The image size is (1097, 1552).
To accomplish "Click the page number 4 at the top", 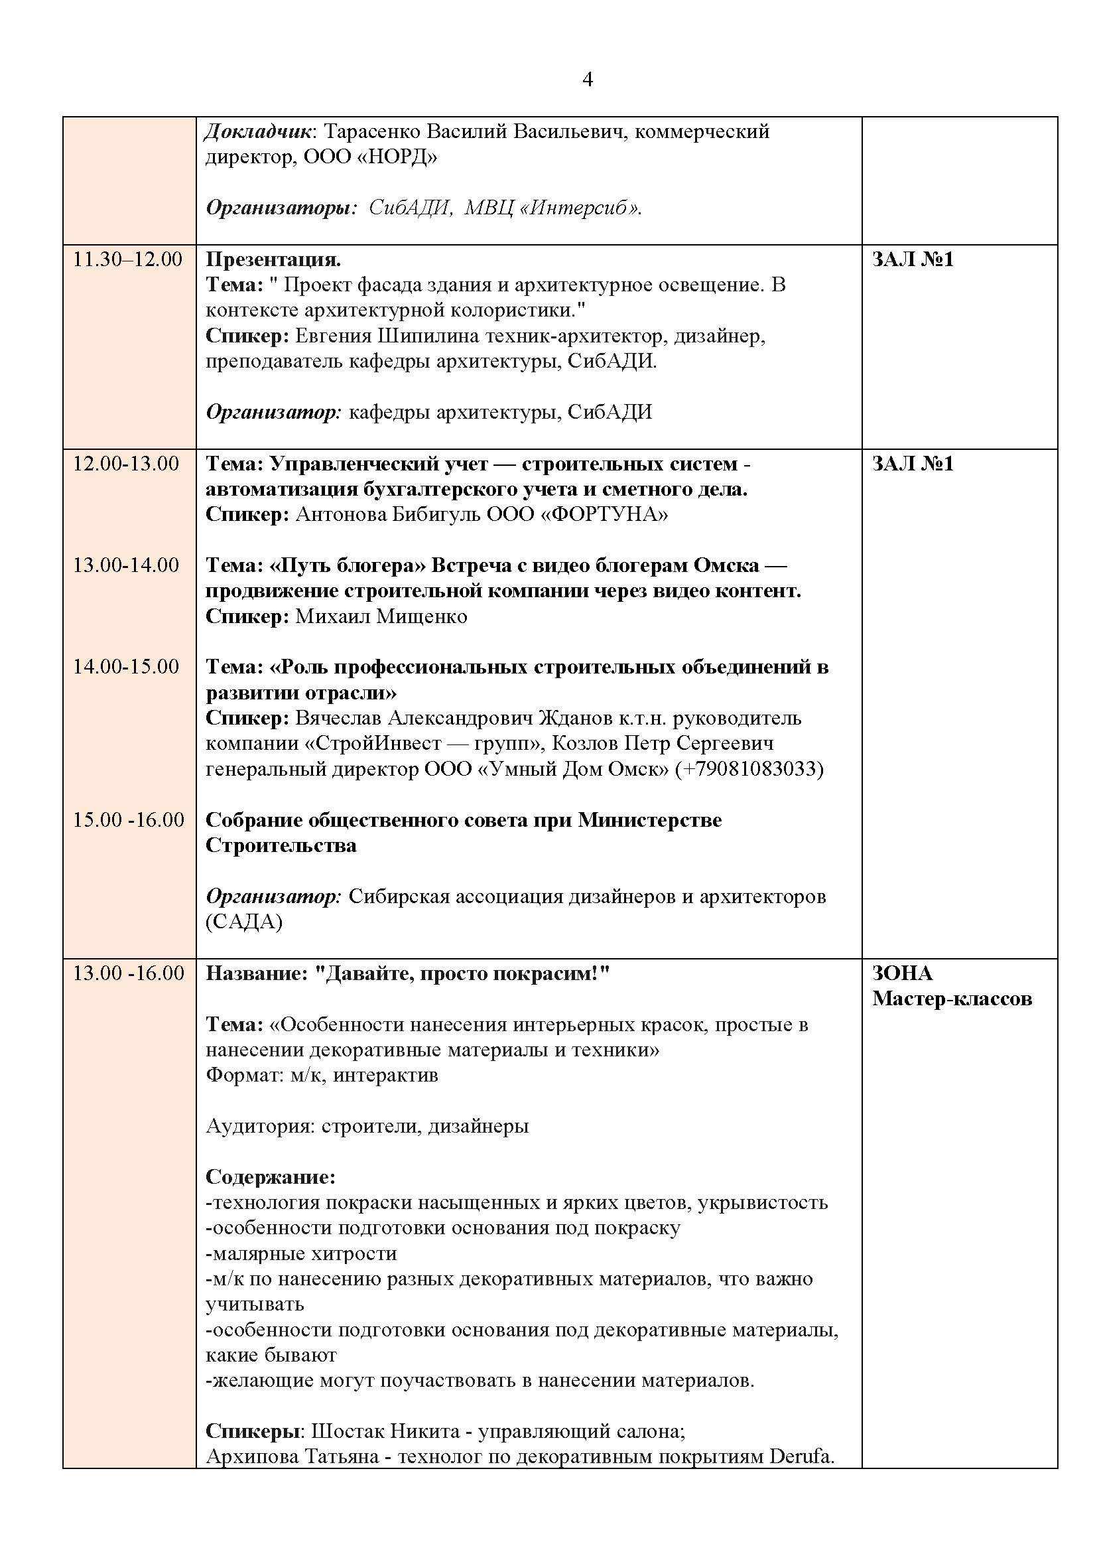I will pos(587,80).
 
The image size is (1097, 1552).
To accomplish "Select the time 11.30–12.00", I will pos(127,259).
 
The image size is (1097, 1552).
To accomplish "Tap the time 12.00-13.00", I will pos(126,464).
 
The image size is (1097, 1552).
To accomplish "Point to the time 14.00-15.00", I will pos(126,667).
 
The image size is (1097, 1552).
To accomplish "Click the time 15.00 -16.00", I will pos(129,820).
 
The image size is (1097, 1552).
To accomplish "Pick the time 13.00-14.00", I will pos(126,565).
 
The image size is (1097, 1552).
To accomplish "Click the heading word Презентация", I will pos(273,259).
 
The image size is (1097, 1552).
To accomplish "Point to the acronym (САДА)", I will pos(244,922).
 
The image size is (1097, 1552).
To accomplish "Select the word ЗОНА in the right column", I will pos(903,973).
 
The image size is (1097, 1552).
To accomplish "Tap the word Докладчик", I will pos(259,131).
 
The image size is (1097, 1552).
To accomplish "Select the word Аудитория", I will pos(260,1126).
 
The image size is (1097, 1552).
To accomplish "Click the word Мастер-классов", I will pos(952,999).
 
